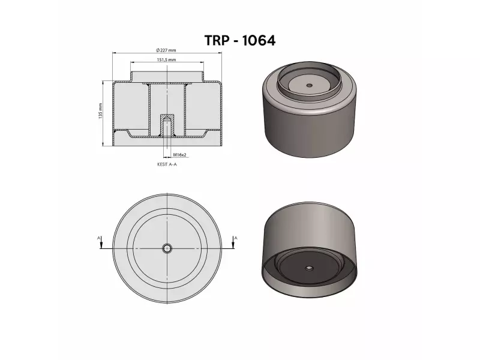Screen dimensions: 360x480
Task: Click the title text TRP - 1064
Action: (x=240, y=40)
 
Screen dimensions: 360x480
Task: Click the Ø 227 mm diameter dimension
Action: (x=166, y=50)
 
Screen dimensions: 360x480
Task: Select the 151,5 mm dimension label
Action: (x=166, y=60)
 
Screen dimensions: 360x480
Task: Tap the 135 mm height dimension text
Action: (x=101, y=110)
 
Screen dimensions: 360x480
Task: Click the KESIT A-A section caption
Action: (x=166, y=163)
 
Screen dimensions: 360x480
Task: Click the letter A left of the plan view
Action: (x=99, y=238)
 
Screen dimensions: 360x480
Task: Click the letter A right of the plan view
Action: (x=236, y=238)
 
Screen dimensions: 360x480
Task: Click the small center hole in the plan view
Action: (x=166, y=248)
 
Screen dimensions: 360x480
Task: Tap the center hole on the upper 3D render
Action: (x=309, y=85)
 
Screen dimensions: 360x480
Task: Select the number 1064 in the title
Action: (x=259, y=40)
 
